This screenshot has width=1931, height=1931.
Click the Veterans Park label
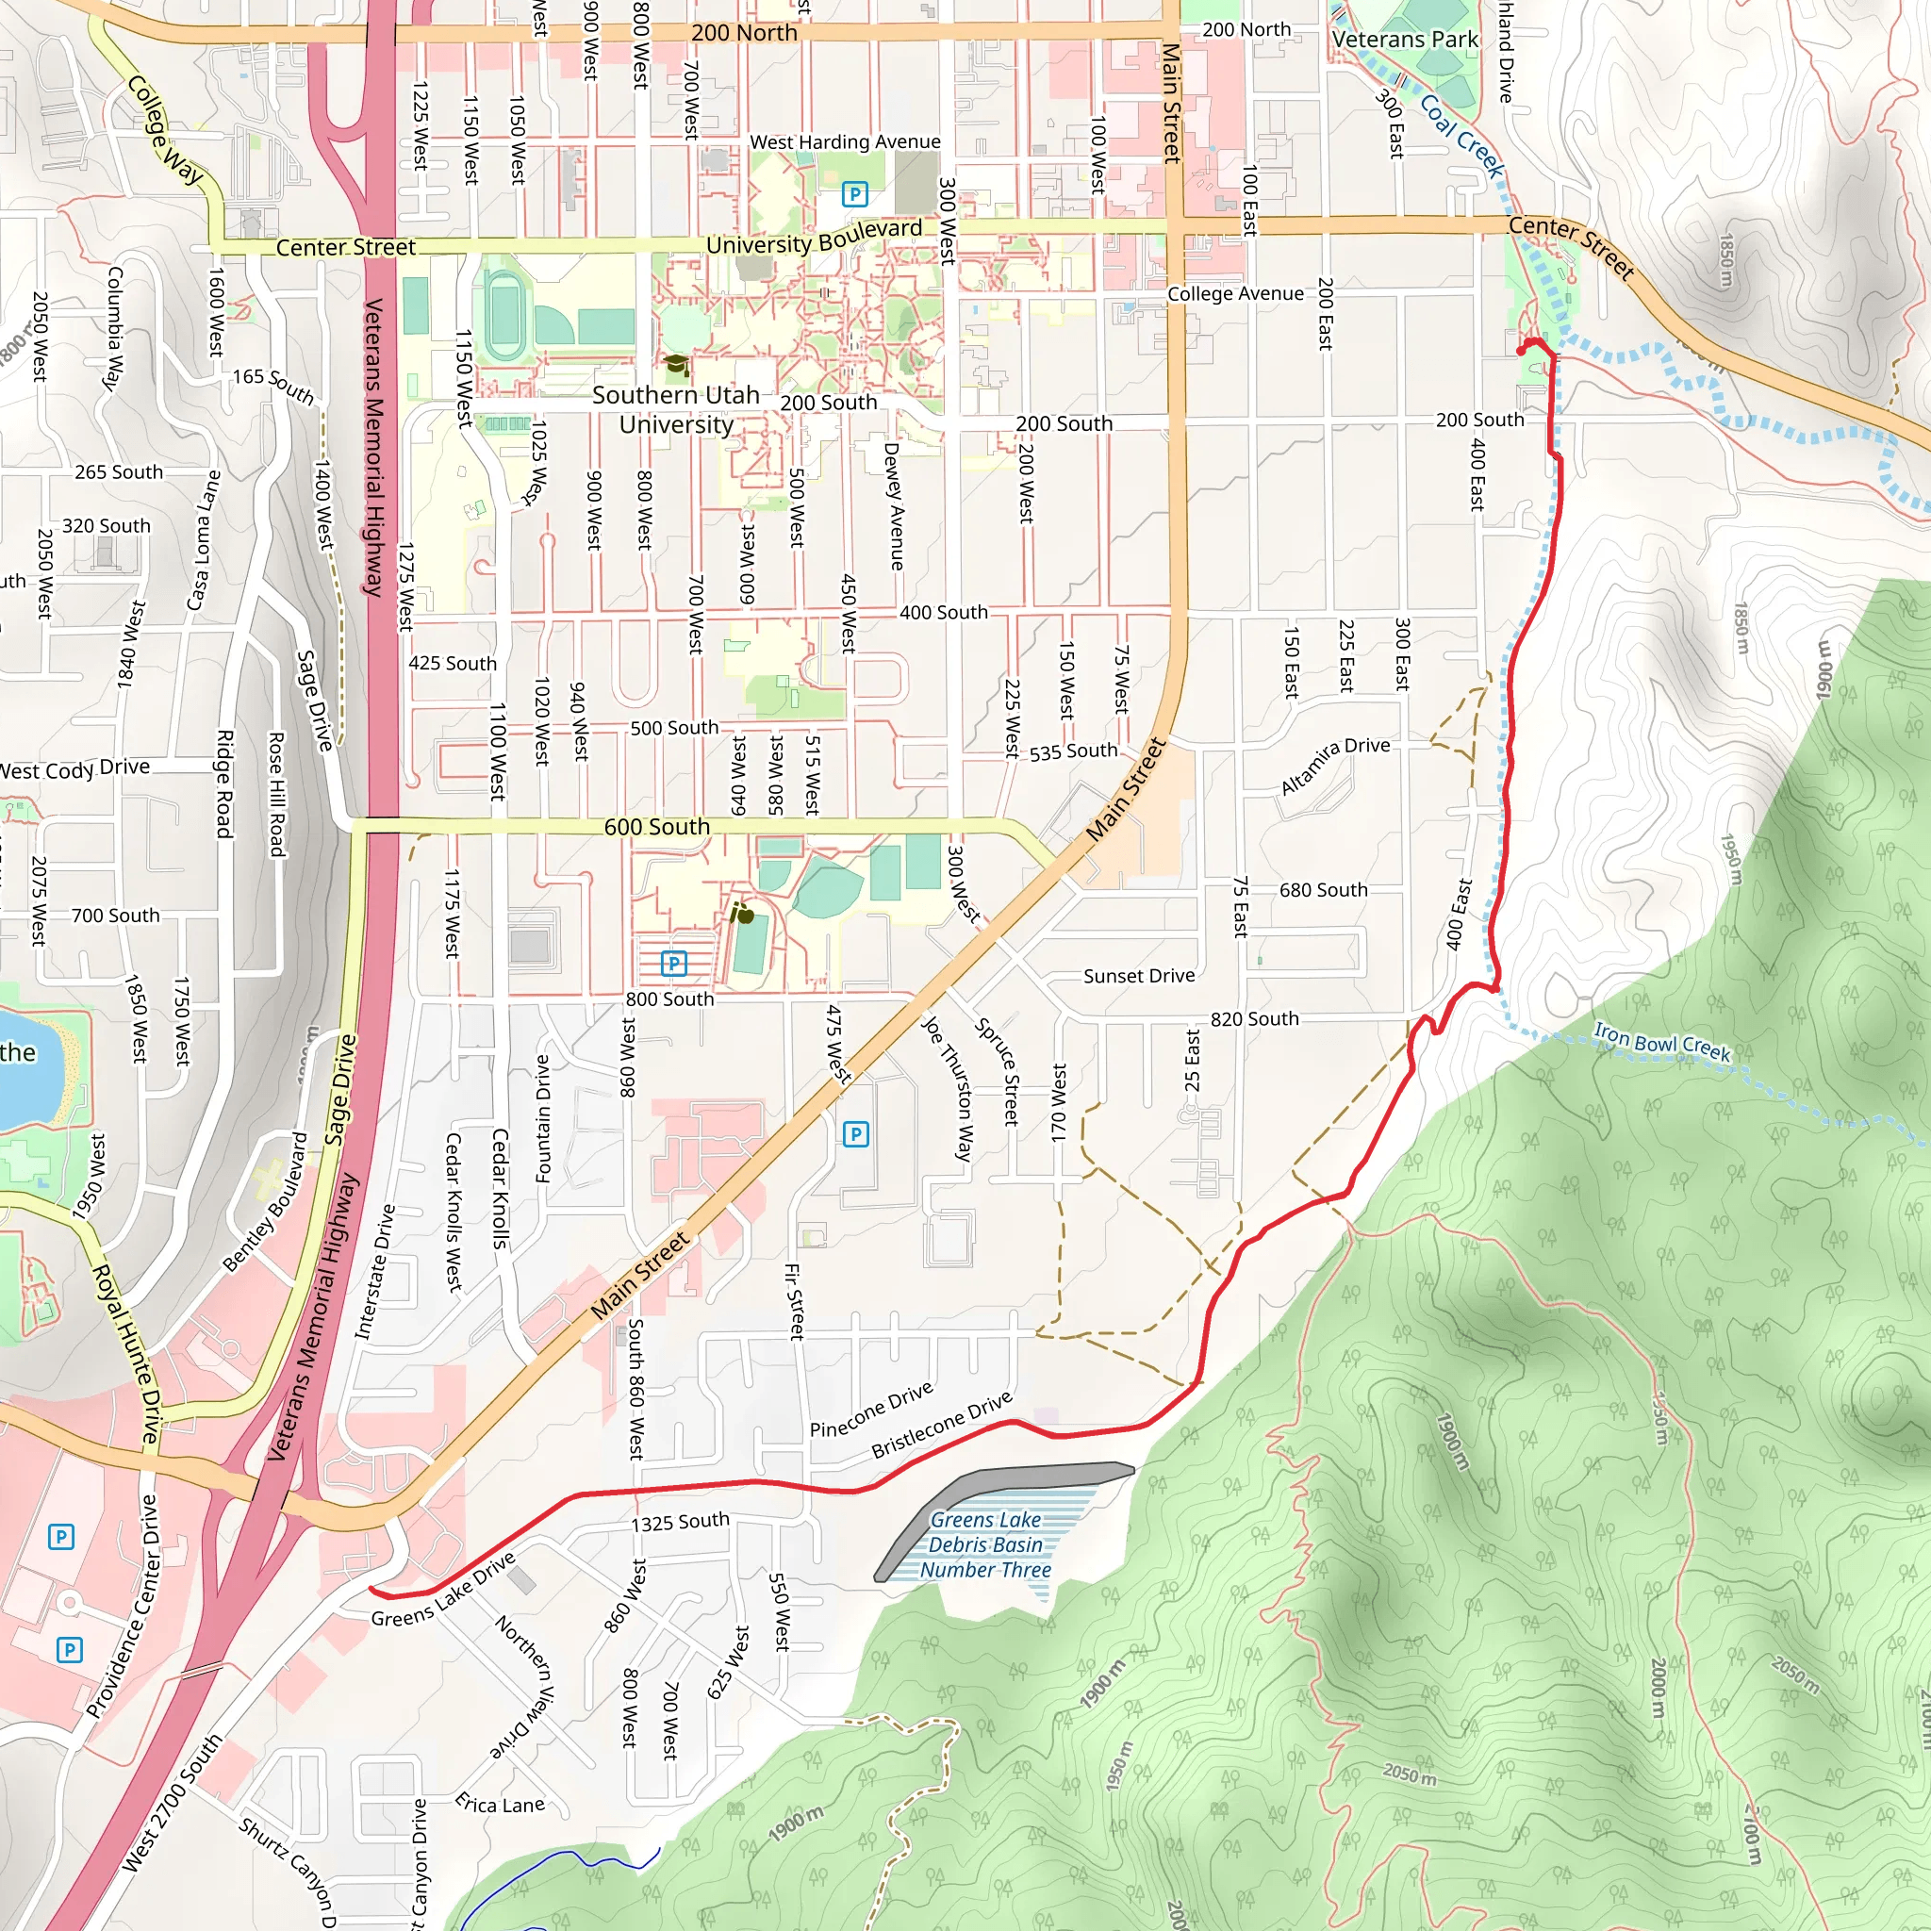point(1404,40)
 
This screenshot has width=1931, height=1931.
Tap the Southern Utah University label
point(676,410)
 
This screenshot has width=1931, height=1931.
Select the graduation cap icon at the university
point(677,365)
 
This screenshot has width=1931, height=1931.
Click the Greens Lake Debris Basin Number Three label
point(985,1544)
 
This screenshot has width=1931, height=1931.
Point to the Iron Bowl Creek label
point(1661,1042)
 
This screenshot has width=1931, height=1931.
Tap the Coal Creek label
point(1461,136)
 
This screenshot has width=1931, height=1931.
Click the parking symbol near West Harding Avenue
point(854,194)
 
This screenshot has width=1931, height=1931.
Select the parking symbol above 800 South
point(673,964)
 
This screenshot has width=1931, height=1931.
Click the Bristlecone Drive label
point(942,1426)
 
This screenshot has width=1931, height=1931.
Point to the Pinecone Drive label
point(871,1410)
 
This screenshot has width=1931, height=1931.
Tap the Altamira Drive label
point(1335,765)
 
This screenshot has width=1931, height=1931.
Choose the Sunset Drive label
point(1139,976)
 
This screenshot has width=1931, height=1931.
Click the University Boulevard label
point(814,238)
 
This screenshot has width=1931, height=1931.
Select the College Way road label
point(165,130)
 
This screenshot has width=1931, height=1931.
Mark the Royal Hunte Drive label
point(127,1354)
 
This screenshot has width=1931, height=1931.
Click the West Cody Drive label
point(75,768)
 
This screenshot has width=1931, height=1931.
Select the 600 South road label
point(656,827)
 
